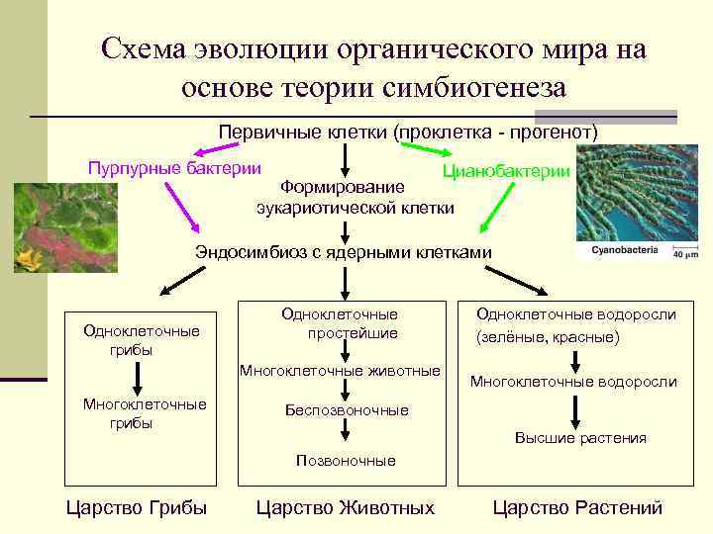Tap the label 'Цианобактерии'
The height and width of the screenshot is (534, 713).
tap(506, 171)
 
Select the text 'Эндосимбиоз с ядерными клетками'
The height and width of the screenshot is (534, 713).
tap(343, 251)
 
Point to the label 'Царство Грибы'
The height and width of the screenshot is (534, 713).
tap(136, 508)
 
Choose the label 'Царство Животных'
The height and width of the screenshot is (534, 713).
tap(345, 508)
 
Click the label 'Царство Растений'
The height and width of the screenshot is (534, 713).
tap(577, 508)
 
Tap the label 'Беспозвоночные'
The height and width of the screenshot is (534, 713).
tap(347, 409)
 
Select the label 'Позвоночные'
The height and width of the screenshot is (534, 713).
tap(347, 460)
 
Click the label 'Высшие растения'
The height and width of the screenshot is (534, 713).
tap(580, 438)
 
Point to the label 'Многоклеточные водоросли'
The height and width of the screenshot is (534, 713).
tap(573, 382)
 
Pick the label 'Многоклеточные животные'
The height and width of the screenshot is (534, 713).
tap(338, 371)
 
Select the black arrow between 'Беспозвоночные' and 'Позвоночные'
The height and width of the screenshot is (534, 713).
tap(347, 433)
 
